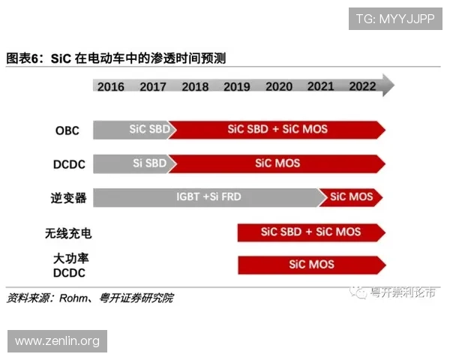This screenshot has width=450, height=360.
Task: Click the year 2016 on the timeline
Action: point(111,86)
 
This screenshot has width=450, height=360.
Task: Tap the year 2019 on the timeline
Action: point(237,86)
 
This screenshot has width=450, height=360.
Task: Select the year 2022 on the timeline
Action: point(362,85)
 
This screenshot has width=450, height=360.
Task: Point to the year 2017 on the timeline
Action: point(153,86)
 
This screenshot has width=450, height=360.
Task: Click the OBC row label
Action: point(67,130)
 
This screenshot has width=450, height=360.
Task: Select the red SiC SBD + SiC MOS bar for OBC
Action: point(277,129)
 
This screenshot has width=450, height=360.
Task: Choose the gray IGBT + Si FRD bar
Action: point(206,197)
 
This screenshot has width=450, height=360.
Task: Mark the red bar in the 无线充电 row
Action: point(310,232)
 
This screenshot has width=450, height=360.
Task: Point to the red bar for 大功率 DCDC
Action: point(311,265)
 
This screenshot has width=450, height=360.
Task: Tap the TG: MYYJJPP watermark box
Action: point(395,18)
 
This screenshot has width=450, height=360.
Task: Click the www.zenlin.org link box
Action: point(57,341)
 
